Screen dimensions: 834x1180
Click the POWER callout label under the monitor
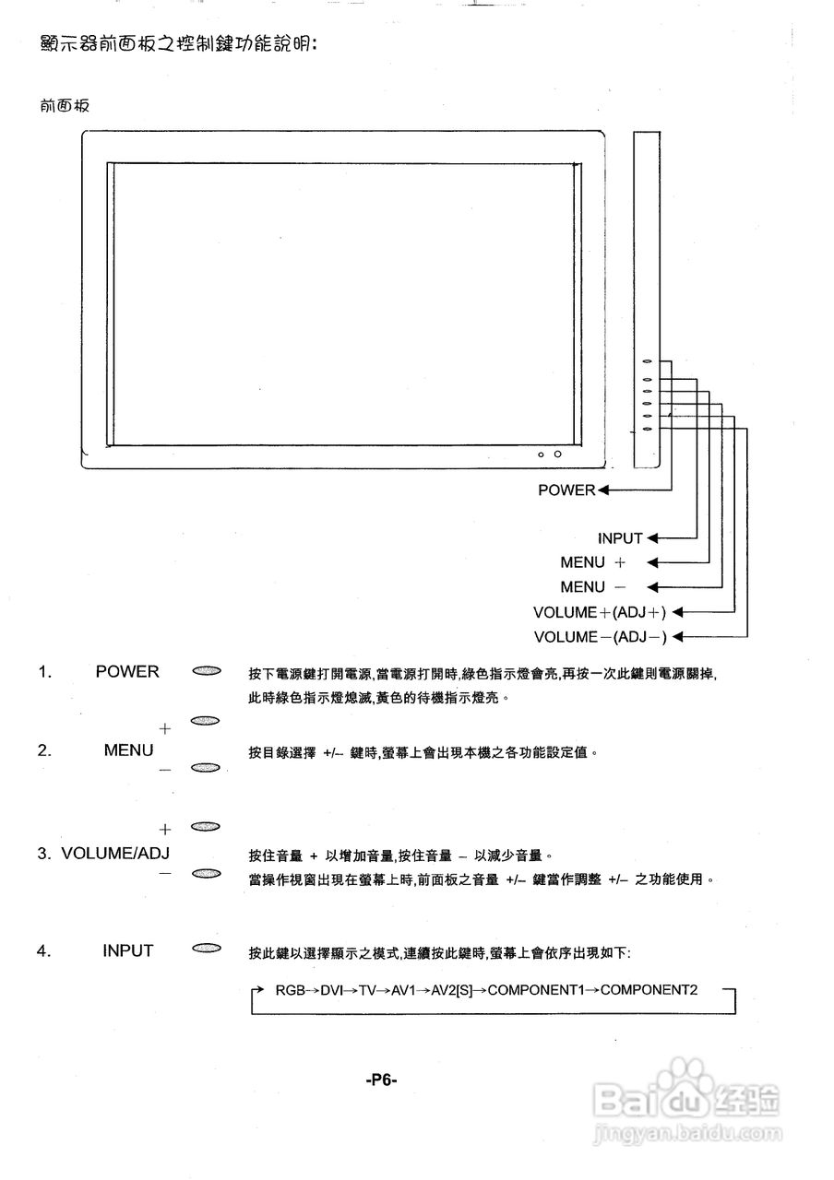point(566,490)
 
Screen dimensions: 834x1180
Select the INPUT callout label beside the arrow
point(620,538)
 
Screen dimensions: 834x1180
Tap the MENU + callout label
point(592,562)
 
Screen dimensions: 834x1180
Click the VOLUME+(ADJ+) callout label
point(600,612)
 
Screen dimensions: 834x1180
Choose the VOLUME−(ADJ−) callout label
point(600,637)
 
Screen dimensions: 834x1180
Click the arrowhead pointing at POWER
point(603,490)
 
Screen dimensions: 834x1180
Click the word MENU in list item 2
point(128,750)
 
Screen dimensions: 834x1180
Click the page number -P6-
point(381,1080)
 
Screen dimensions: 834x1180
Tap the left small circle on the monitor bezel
point(541,454)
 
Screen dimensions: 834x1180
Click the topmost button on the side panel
point(648,363)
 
